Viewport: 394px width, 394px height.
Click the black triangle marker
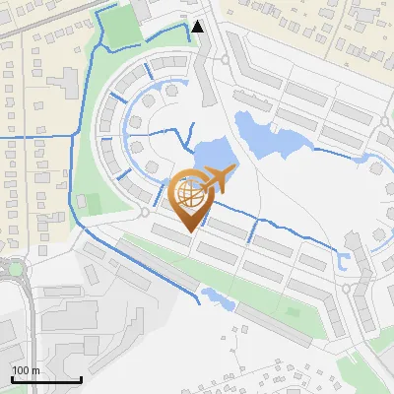pos(199,27)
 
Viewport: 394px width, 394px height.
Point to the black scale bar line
pos(46,379)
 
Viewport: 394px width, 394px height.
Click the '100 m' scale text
pos(27,370)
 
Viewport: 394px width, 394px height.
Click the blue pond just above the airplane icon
pos(207,156)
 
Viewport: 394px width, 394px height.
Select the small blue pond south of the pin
pos(214,293)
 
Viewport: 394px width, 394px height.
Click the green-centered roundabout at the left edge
pos(13,268)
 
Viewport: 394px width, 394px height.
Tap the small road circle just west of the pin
pos(145,212)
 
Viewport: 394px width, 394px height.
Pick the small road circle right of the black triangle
pos(227,59)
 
